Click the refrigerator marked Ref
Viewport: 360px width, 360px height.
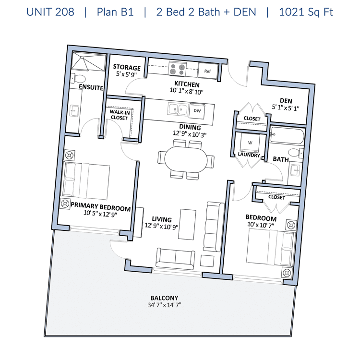click(x=207, y=71)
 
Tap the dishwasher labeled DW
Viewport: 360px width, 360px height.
click(x=197, y=111)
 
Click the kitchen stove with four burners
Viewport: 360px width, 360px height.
click(x=177, y=69)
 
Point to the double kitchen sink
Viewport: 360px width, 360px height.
click(x=178, y=109)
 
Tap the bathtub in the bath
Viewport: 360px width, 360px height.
click(x=287, y=136)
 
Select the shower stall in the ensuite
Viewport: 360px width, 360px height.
click(x=88, y=61)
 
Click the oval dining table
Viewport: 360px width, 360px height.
click(x=186, y=160)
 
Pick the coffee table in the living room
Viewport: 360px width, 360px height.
click(x=188, y=224)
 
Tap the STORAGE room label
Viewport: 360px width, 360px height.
click(x=127, y=67)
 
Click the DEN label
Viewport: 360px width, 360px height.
click(x=286, y=101)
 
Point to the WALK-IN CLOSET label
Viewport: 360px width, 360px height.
click(x=120, y=115)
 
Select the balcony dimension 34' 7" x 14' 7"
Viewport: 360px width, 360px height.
click(x=164, y=305)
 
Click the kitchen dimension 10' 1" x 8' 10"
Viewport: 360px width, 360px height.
click(x=187, y=91)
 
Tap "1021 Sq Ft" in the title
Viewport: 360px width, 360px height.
click(x=306, y=12)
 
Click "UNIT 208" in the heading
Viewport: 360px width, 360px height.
click(x=50, y=12)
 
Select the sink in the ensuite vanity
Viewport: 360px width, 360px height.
click(x=74, y=111)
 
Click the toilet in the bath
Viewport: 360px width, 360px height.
click(x=296, y=153)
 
